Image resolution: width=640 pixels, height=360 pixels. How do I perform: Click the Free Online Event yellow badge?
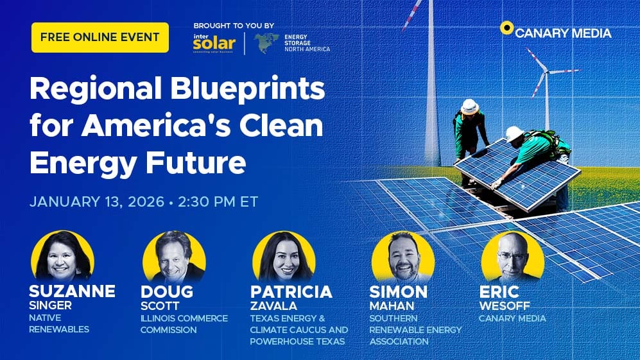tap(99, 37)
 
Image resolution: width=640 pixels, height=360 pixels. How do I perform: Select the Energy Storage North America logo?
tap(292, 43)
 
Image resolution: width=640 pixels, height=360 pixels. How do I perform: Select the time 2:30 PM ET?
tap(216, 201)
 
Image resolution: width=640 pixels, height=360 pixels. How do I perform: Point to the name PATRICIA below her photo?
tap(291, 292)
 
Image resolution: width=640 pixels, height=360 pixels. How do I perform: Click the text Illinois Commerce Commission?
tap(184, 324)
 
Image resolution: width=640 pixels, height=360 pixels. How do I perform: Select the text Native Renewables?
tap(59, 324)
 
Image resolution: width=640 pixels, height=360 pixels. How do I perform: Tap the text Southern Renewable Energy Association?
tap(415, 330)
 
